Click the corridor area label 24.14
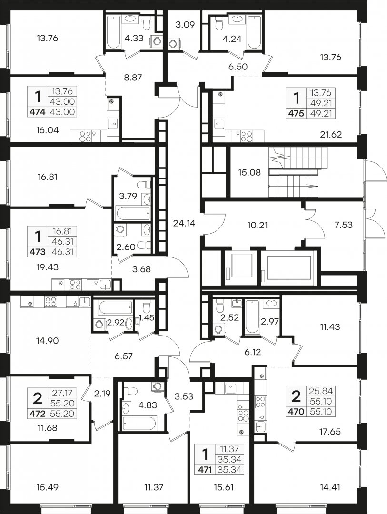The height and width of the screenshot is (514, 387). pos(184,224)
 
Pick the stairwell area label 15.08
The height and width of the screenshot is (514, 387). pos(249,172)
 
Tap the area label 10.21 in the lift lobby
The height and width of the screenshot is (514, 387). pos(258,226)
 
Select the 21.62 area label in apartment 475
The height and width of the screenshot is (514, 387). pos(330,134)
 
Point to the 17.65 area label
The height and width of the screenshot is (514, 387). pos(329,432)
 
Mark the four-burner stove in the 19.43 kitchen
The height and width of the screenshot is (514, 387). pos(75,285)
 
